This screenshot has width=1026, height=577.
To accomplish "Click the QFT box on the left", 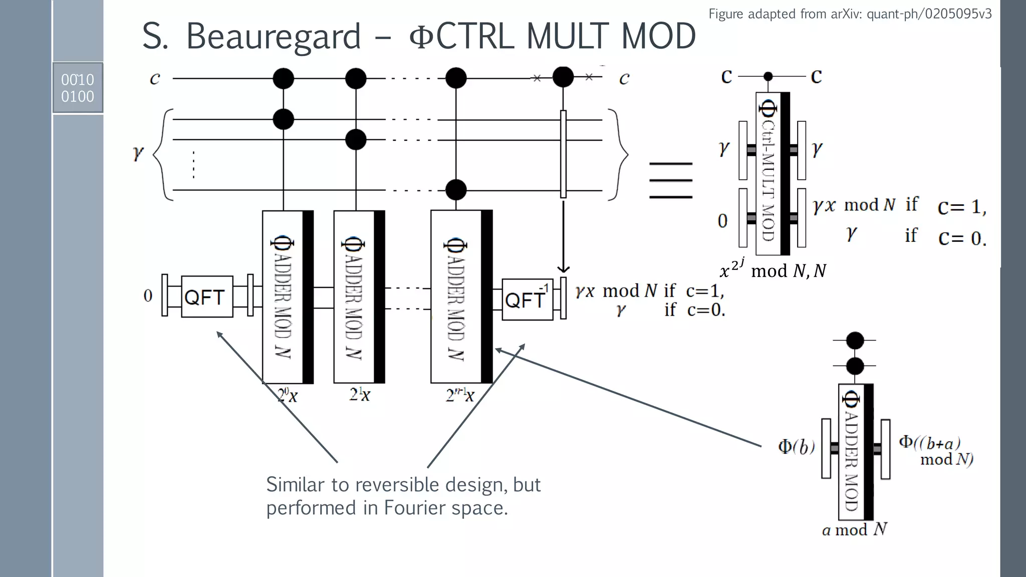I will tap(207, 297).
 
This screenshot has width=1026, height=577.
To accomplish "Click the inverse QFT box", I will tap(527, 300).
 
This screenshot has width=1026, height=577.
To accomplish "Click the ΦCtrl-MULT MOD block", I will tap(772, 173).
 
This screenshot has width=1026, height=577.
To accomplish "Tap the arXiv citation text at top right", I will tap(850, 14).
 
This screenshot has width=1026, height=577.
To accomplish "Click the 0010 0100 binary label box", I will tap(78, 88).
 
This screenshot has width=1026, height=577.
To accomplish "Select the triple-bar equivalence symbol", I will tap(670, 180).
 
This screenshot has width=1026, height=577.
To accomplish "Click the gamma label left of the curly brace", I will tap(138, 153).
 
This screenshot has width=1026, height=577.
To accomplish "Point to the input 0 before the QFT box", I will tap(148, 296).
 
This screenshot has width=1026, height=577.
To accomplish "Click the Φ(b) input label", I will tap(796, 446).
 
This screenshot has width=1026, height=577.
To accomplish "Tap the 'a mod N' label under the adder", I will tap(854, 529).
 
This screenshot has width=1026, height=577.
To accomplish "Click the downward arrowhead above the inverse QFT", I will tap(563, 269).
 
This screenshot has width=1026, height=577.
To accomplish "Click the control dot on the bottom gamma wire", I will tap(456, 190).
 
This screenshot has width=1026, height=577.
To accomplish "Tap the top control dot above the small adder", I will tap(855, 341).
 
